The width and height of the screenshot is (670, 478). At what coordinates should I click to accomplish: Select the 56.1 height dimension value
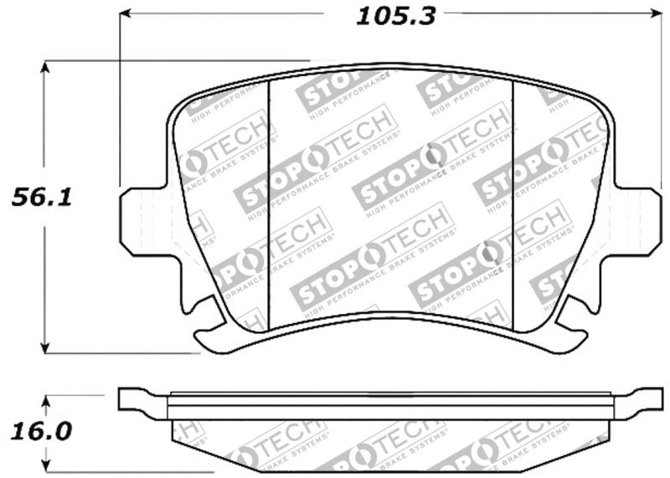tap(40, 198)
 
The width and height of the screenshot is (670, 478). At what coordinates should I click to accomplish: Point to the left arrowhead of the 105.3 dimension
tap(126, 13)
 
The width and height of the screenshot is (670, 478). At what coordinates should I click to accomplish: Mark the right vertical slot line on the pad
tap(512, 193)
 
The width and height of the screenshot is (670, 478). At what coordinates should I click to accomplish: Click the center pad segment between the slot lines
tap(389, 193)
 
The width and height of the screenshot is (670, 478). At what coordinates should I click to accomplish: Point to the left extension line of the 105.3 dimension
tap(120, 100)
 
